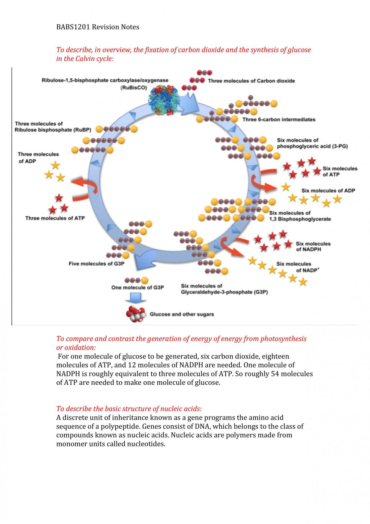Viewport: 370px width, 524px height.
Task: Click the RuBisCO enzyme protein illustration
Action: (164, 100)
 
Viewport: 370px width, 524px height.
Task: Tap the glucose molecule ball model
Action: (136, 314)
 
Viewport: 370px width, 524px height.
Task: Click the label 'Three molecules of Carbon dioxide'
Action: (251, 81)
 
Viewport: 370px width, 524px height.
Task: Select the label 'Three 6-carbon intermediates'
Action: (279, 119)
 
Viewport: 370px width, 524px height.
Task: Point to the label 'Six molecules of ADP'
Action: (328, 191)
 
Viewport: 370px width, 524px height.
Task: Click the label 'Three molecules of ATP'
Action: (55, 218)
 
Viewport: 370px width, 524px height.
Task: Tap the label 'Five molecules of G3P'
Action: (97, 264)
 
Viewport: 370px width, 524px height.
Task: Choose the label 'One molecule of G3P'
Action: (137, 287)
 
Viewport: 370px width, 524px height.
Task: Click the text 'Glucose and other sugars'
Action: (182, 314)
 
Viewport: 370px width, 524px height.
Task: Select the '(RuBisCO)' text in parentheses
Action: (134, 88)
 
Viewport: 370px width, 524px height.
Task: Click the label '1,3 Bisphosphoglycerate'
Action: (300, 219)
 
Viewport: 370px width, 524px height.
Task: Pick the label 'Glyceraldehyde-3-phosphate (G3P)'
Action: (224, 292)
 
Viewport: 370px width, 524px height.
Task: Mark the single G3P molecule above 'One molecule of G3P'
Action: (136, 280)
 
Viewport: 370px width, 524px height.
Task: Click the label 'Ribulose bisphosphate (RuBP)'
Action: (53, 130)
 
